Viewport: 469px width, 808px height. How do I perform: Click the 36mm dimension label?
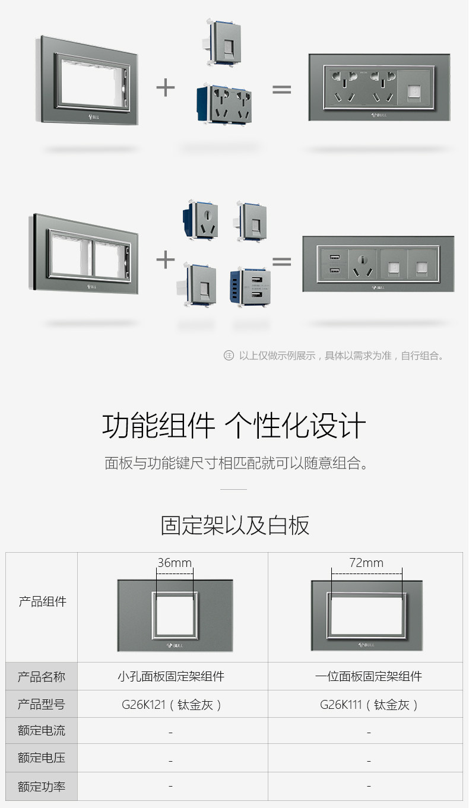(x=175, y=563)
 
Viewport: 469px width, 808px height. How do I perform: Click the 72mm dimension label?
(x=366, y=563)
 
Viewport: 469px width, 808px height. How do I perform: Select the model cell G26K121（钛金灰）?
(x=172, y=705)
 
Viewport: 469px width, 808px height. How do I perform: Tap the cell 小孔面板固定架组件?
(x=171, y=676)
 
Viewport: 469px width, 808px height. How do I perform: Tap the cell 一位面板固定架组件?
(x=369, y=676)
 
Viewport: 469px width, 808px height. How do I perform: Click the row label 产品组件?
(x=42, y=601)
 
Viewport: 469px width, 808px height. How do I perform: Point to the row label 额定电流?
(x=42, y=731)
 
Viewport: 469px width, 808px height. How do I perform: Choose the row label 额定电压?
(x=42, y=758)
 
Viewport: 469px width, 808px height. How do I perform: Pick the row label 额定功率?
(x=42, y=787)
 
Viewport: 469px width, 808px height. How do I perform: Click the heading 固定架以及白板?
(x=235, y=525)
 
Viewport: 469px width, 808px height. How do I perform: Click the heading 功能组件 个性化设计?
(x=234, y=426)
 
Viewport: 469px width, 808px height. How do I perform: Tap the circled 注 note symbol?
(x=229, y=356)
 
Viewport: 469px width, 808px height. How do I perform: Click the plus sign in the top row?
(x=166, y=88)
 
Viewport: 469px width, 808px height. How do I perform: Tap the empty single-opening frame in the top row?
(x=90, y=81)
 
